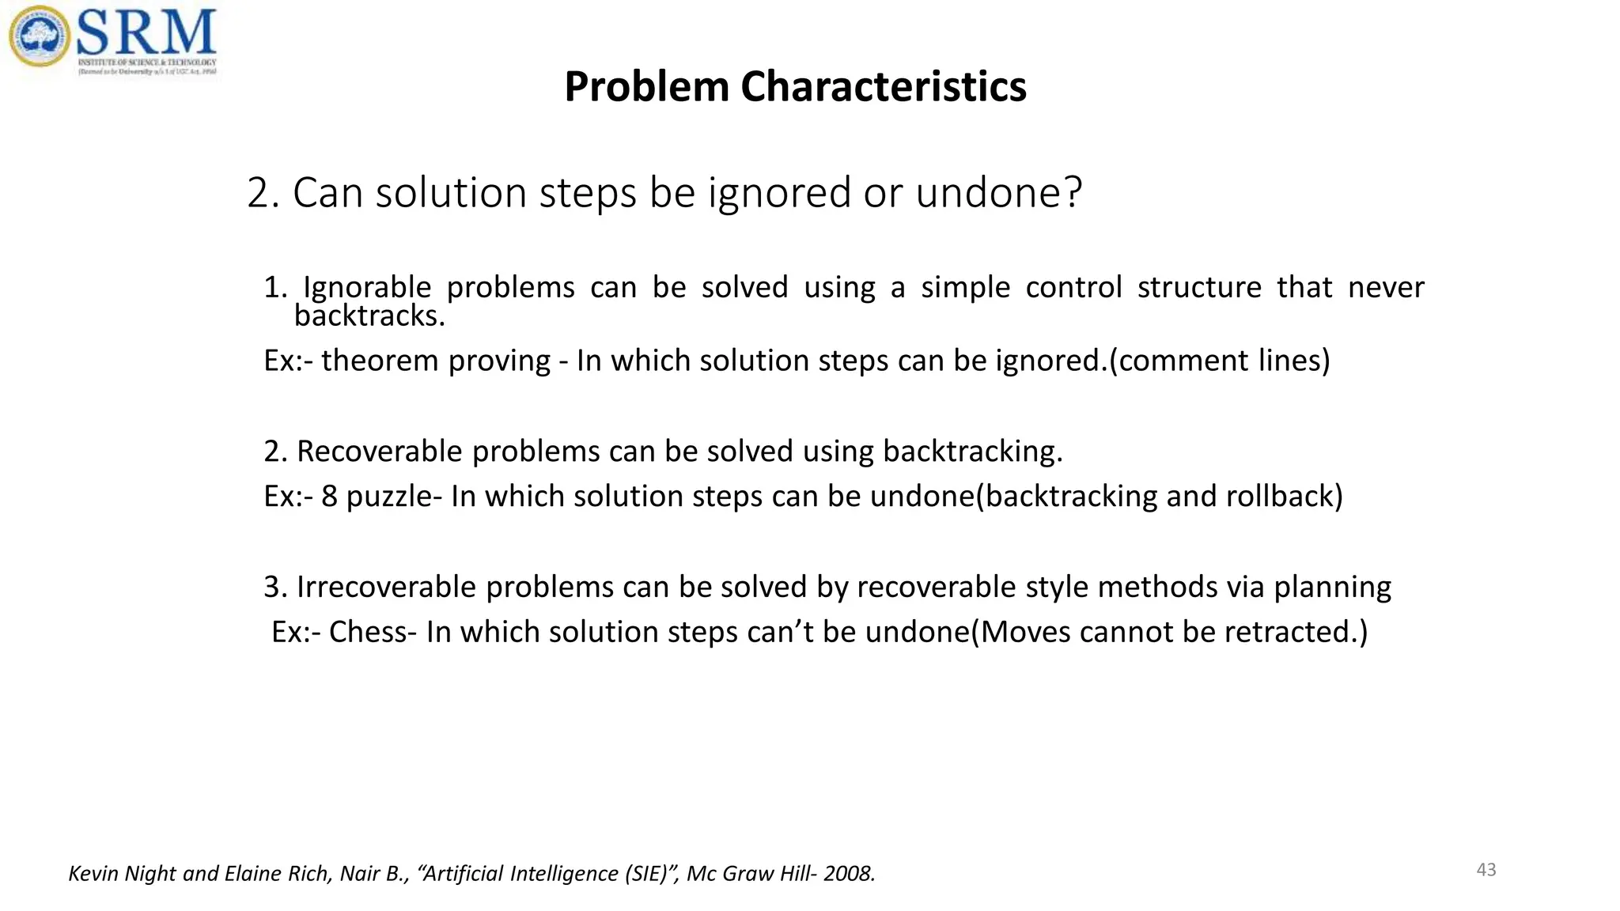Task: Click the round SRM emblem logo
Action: (39, 37)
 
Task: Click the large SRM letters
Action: (146, 32)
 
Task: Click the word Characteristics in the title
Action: (883, 86)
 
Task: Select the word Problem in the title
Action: (646, 86)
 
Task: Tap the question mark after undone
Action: (1073, 192)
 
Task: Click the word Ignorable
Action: (367, 286)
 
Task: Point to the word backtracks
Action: (369, 316)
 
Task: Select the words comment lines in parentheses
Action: (1220, 361)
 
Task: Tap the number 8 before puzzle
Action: (329, 496)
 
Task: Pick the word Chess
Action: (368, 632)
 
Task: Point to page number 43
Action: (1486, 870)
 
